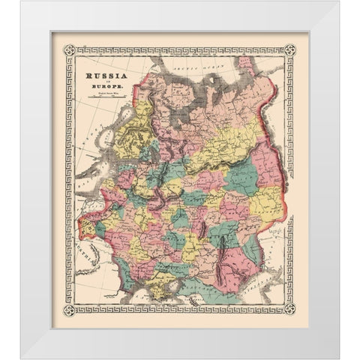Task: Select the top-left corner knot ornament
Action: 70,49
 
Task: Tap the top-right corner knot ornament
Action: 291,49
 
